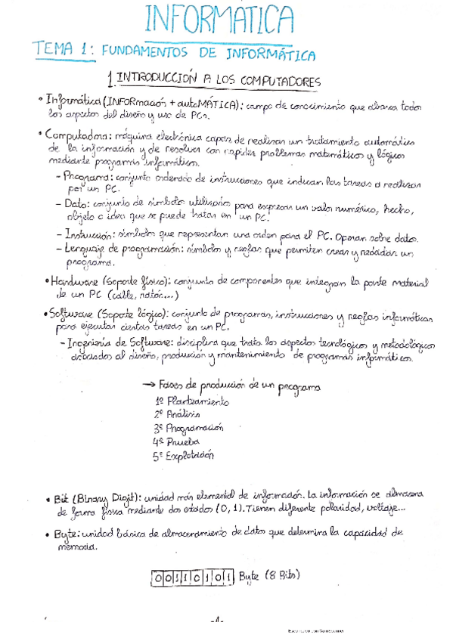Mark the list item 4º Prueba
click(175, 441)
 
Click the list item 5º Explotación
click(183, 455)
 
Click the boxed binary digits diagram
click(192, 579)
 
